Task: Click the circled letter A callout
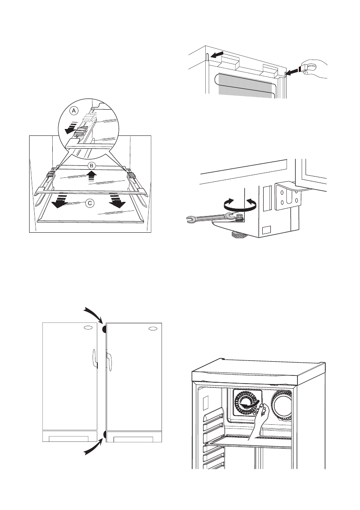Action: (x=74, y=111)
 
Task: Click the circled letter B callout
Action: (x=92, y=165)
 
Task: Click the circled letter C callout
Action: (x=90, y=204)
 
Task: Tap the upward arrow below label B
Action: (x=92, y=178)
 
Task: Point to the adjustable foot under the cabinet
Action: (x=239, y=234)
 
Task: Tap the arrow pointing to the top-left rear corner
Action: (x=217, y=54)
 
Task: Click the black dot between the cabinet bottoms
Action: (x=105, y=434)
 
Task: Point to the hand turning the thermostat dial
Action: (x=260, y=420)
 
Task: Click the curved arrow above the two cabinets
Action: (x=94, y=315)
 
